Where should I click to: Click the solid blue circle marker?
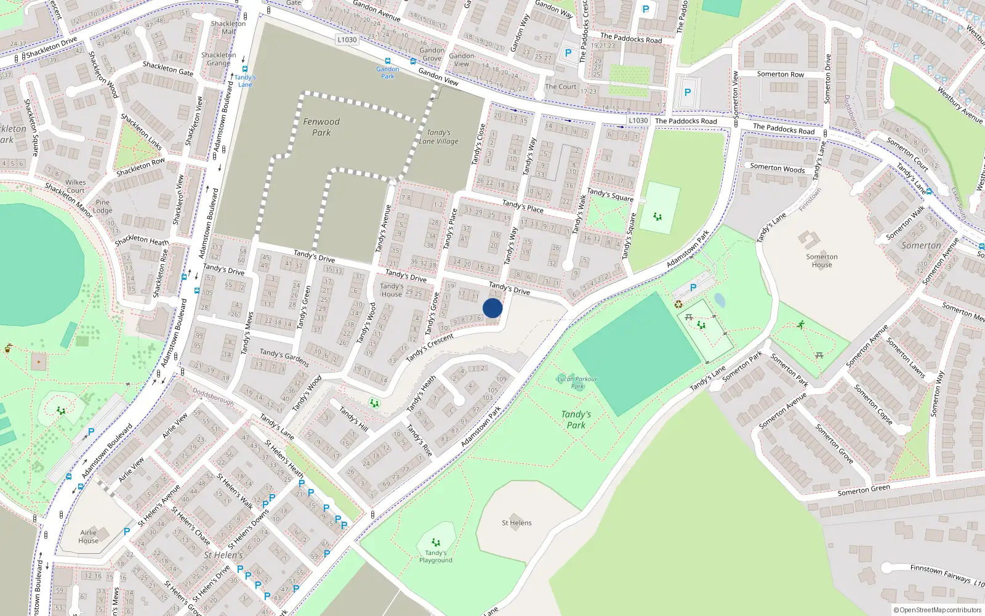(x=492, y=308)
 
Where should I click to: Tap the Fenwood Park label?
(x=321, y=127)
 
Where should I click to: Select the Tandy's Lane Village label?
(x=438, y=137)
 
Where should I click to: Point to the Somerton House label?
(x=822, y=261)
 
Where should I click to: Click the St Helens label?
(x=517, y=523)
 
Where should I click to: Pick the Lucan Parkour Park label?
(x=577, y=383)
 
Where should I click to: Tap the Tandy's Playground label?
(x=436, y=556)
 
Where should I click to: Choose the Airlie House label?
(x=88, y=537)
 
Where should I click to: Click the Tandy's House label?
(x=392, y=290)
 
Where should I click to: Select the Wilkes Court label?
(x=76, y=186)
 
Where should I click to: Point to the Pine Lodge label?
(x=103, y=206)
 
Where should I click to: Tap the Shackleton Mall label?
(x=228, y=28)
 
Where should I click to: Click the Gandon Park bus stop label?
(x=388, y=73)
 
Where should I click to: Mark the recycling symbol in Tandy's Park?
(x=678, y=304)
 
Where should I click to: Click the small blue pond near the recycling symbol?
(x=720, y=300)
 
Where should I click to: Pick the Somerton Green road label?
(x=863, y=490)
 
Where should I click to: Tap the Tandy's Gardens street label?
(x=284, y=357)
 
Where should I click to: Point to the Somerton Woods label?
(x=777, y=168)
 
